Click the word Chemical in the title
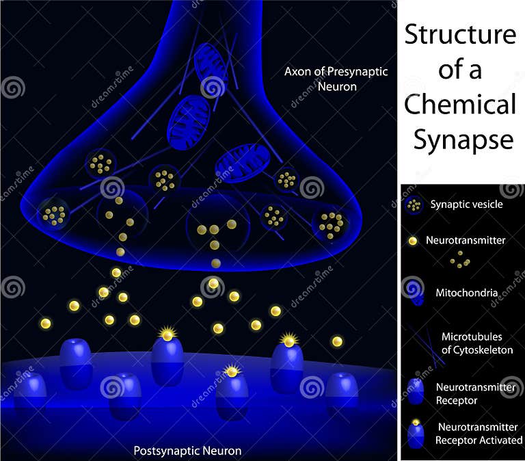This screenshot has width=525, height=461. tap(459, 105)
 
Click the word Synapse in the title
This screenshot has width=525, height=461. tap(462, 140)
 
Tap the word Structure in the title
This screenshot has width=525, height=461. tap(459, 34)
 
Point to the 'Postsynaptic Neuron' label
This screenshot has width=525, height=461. tap(187, 451)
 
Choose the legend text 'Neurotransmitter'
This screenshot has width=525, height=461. tap(466, 241)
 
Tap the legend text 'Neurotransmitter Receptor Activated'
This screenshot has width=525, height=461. tap(479, 433)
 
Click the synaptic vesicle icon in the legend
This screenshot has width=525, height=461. tap(414, 205)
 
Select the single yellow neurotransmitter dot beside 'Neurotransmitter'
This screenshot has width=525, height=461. tap(412, 241)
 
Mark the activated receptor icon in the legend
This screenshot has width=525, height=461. tap(415, 434)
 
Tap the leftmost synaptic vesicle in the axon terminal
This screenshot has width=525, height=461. tap(54, 214)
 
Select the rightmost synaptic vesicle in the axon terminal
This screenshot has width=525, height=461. tap(331, 224)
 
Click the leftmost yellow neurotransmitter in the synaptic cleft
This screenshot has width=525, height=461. tap(46, 323)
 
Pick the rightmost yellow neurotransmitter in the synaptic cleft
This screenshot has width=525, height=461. tap(337, 341)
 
